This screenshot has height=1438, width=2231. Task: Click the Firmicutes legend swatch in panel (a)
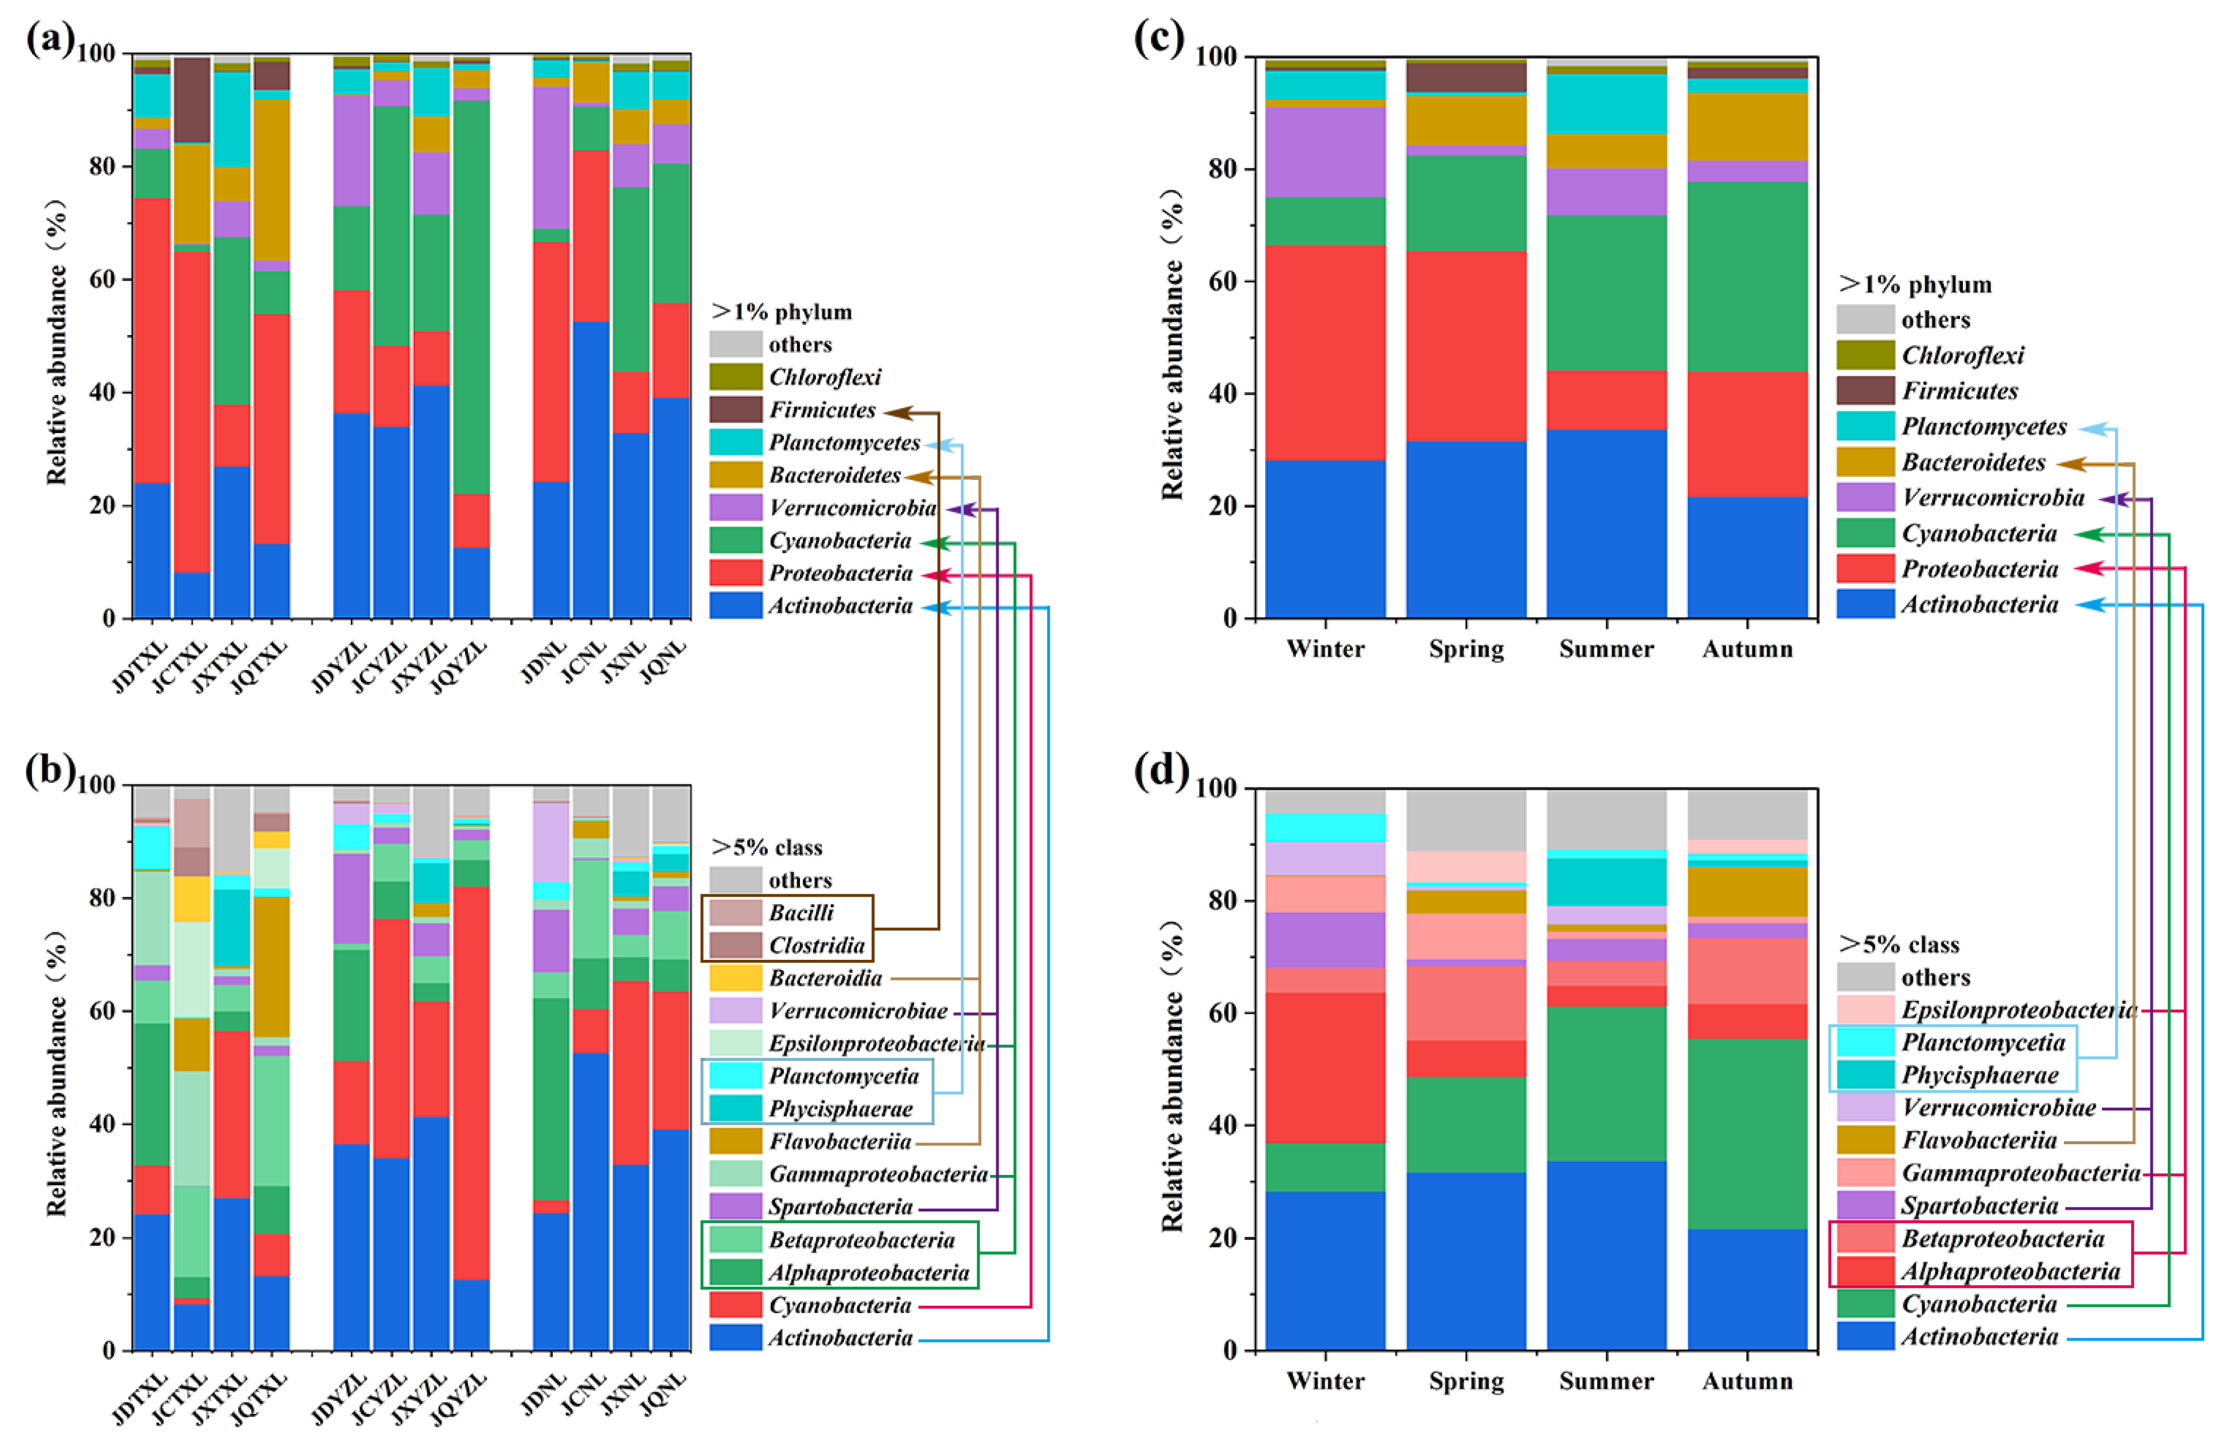tap(735, 410)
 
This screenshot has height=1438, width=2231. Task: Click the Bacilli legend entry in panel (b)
tap(801, 912)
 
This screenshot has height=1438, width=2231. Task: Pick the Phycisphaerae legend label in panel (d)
tap(1979, 1075)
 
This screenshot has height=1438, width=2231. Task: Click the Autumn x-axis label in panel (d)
tap(1747, 1381)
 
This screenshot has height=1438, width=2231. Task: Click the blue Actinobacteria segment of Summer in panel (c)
tap(1607, 523)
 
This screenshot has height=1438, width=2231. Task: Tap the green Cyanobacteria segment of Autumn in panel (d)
tap(1747, 1134)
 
